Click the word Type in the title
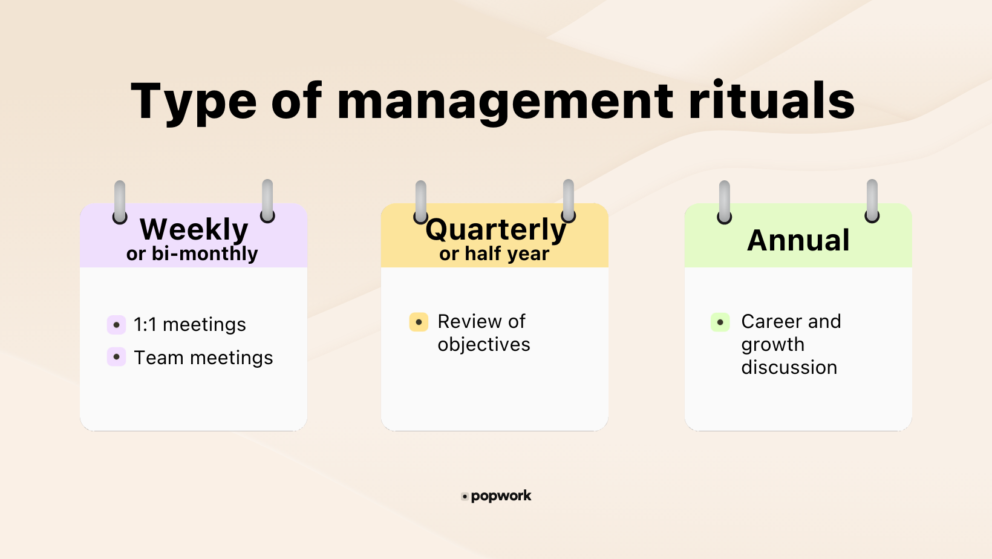[x=194, y=102]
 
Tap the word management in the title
[x=504, y=102]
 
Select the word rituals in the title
[x=771, y=100]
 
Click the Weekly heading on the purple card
[x=194, y=229]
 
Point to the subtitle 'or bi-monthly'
[x=192, y=253]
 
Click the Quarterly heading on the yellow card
[x=495, y=229]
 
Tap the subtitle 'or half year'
[x=494, y=253]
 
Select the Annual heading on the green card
[x=798, y=240]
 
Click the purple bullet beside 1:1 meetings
[x=116, y=325]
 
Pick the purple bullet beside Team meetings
[x=116, y=357]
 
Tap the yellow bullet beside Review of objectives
[x=419, y=322]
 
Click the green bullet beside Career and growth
[x=720, y=322]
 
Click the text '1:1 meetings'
[x=189, y=325]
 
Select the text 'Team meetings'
[x=203, y=358]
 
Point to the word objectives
[x=484, y=344]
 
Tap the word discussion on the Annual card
[x=789, y=367]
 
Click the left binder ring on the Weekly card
[x=120, y=202]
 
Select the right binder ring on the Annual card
[x=872, y=201]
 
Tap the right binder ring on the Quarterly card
[x=568, y=201]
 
